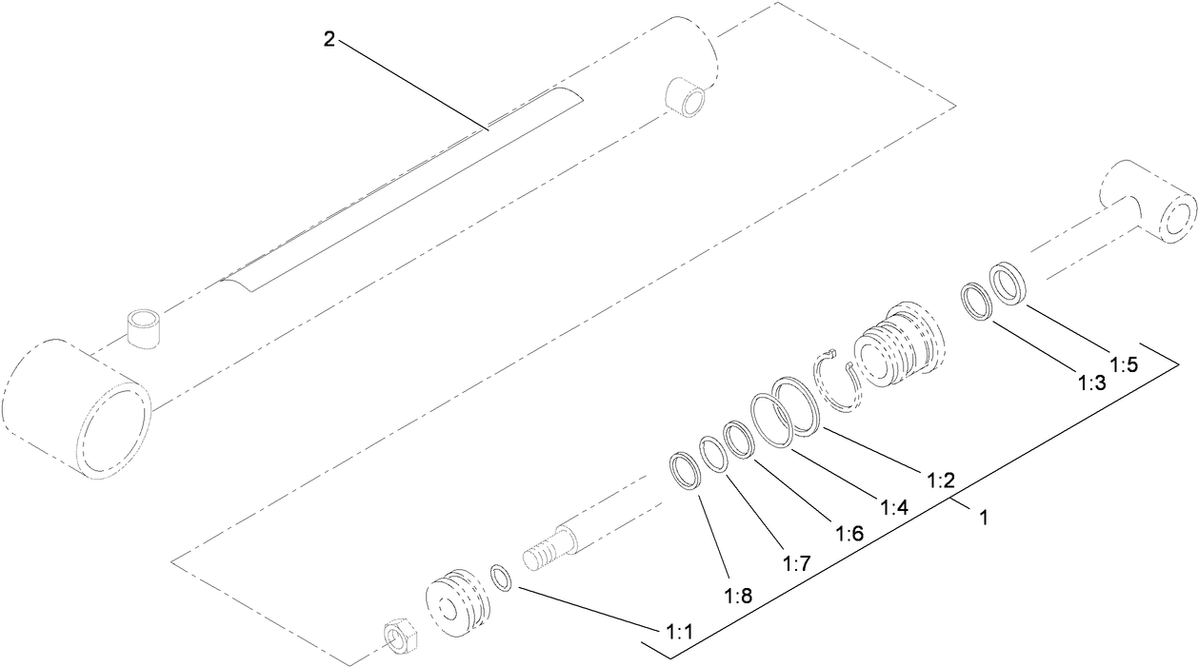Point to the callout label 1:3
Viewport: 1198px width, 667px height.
1091,383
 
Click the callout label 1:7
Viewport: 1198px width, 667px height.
796,563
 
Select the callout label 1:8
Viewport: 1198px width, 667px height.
739,597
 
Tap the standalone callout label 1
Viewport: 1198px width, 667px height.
984,520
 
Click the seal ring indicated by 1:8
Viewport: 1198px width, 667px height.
685,471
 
